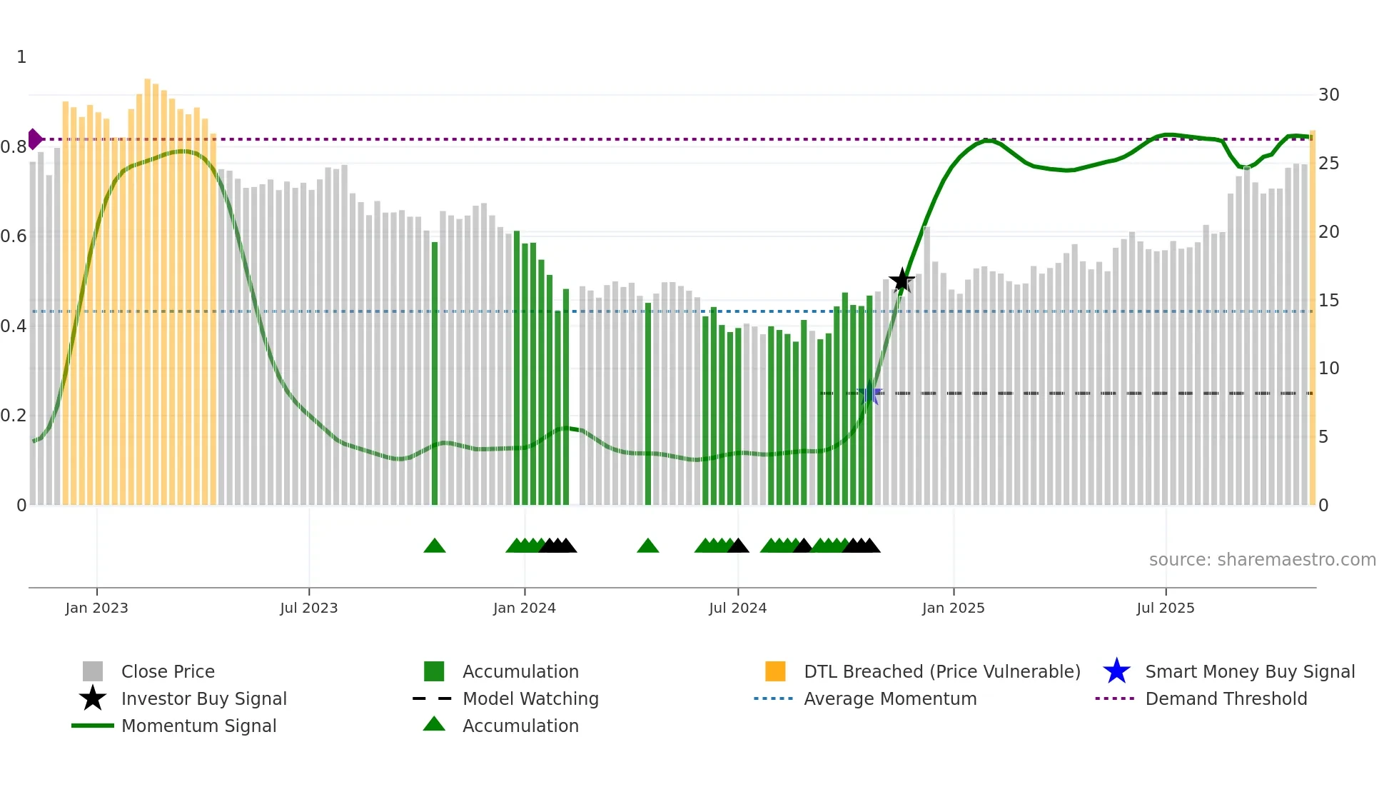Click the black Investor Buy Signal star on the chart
(x=901, y=280)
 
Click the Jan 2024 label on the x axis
(x=524, y=608)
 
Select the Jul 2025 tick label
(x=1165, y=608)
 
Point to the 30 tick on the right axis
(x=1328, y=95)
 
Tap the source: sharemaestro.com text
(x=1262, y=560)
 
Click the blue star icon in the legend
(x=1116, y=671)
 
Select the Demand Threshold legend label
(x=1226, y=698)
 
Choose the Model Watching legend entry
(x=530, y=698)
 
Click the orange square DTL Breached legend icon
(x=775, y=671)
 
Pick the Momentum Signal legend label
(x=198, y=726)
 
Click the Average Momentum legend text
(x=889, y=698)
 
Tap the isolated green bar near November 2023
(x=435, y=371)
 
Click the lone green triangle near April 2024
(x=647, y=546)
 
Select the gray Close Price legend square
(x=93, y=671)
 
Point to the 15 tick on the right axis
(x=1328, y=301)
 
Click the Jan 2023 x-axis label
(x=96, y=608)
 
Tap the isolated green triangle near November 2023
(x=435, y=546)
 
